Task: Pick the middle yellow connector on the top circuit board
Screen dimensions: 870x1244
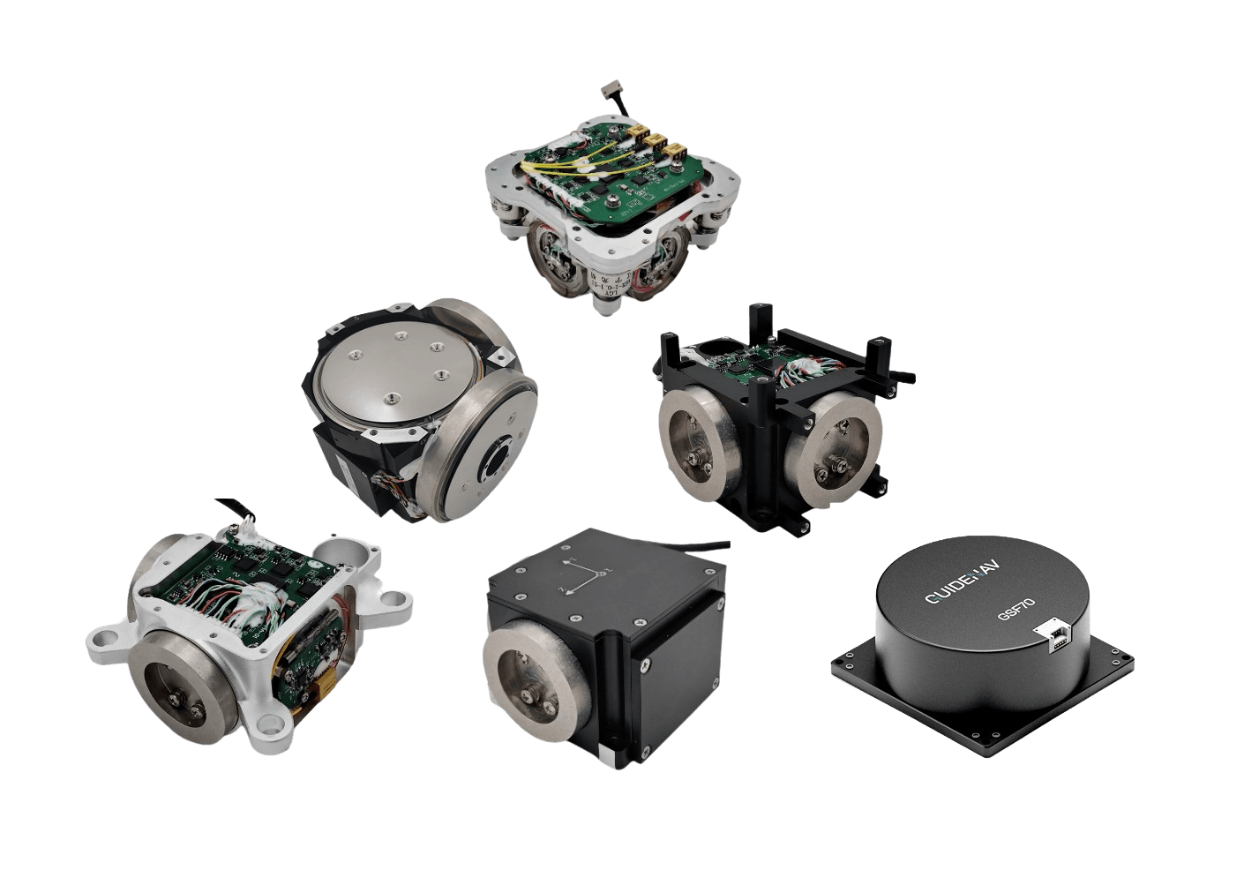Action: click(656, 140)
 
